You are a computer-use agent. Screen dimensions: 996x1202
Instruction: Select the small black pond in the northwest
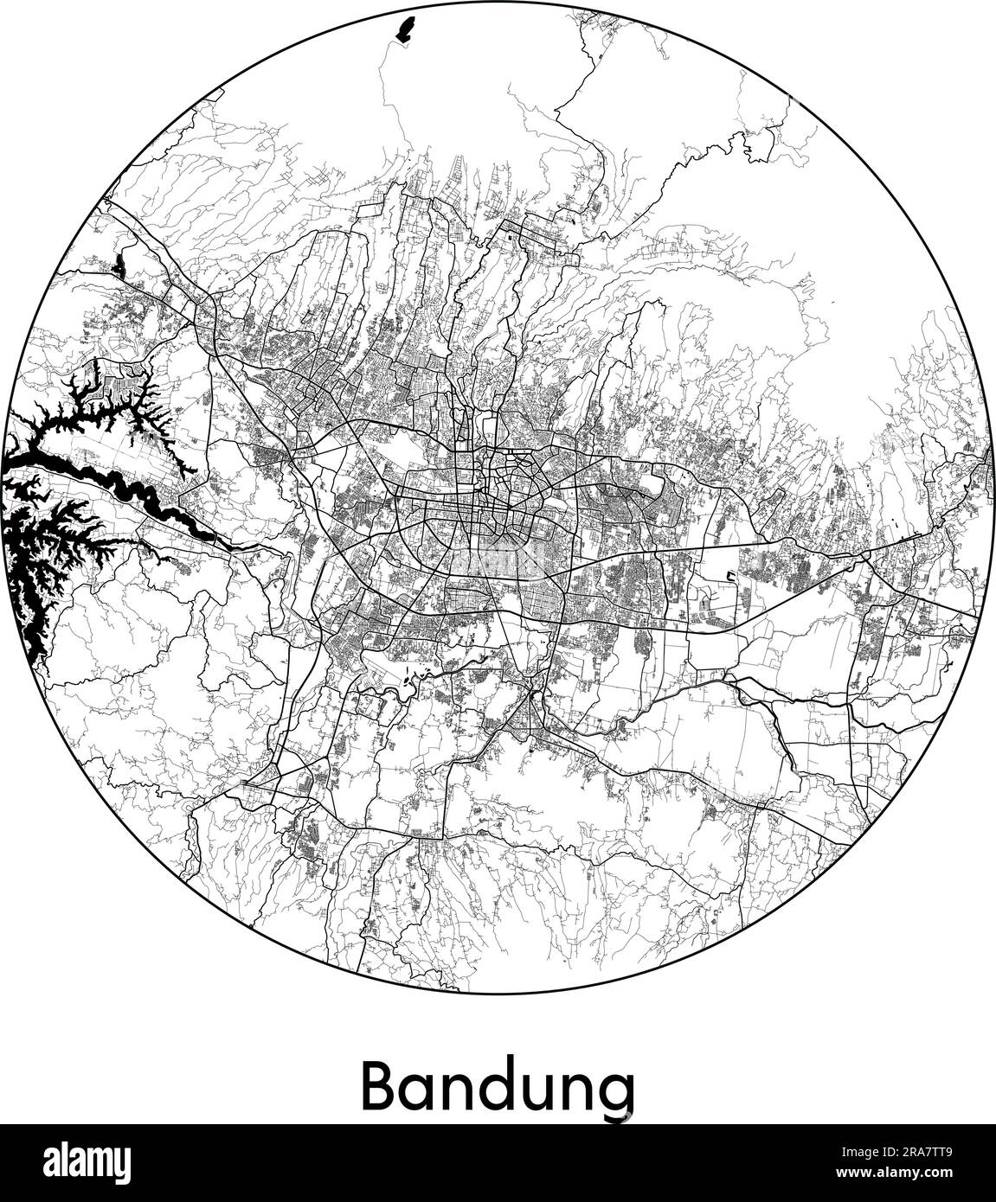click(119, 264)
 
